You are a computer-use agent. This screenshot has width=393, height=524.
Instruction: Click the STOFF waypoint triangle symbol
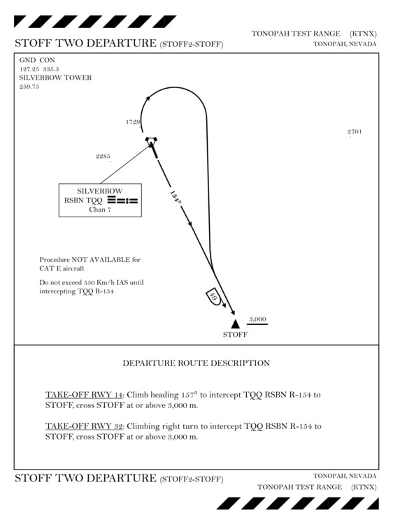tap(236, 323)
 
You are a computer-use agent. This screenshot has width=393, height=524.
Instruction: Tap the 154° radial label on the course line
tap(176, 198)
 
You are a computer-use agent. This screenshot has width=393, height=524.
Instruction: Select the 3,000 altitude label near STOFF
tap(257, 319)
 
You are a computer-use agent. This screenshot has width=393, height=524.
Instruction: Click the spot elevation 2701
tap(355, 131)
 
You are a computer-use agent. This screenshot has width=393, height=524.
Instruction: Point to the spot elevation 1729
tap(133, 122)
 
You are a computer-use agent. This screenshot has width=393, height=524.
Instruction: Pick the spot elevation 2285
tap(103, 156)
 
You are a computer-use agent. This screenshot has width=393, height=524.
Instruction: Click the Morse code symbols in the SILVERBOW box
tap(123, 201)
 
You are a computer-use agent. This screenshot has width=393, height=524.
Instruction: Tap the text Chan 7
tap(100, 210)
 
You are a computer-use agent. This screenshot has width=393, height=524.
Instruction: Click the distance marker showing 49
tap(213, 295)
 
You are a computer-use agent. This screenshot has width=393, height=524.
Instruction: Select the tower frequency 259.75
tap(29, 87)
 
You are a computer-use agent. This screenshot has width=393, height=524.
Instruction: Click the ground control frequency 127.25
tap(29, 69)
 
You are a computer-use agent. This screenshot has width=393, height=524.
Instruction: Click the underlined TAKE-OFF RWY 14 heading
tap(84, 395)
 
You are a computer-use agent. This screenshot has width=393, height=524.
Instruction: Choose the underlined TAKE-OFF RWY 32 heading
tap(84, 426)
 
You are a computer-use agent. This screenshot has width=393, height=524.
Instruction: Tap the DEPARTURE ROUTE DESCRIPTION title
tap(196, 363)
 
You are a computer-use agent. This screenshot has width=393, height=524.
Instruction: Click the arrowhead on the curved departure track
tap(148, 98)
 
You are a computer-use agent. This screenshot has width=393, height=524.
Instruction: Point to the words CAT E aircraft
tap(62, 268)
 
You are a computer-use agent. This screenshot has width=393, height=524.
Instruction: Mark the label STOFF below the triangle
tap(236, 335)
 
